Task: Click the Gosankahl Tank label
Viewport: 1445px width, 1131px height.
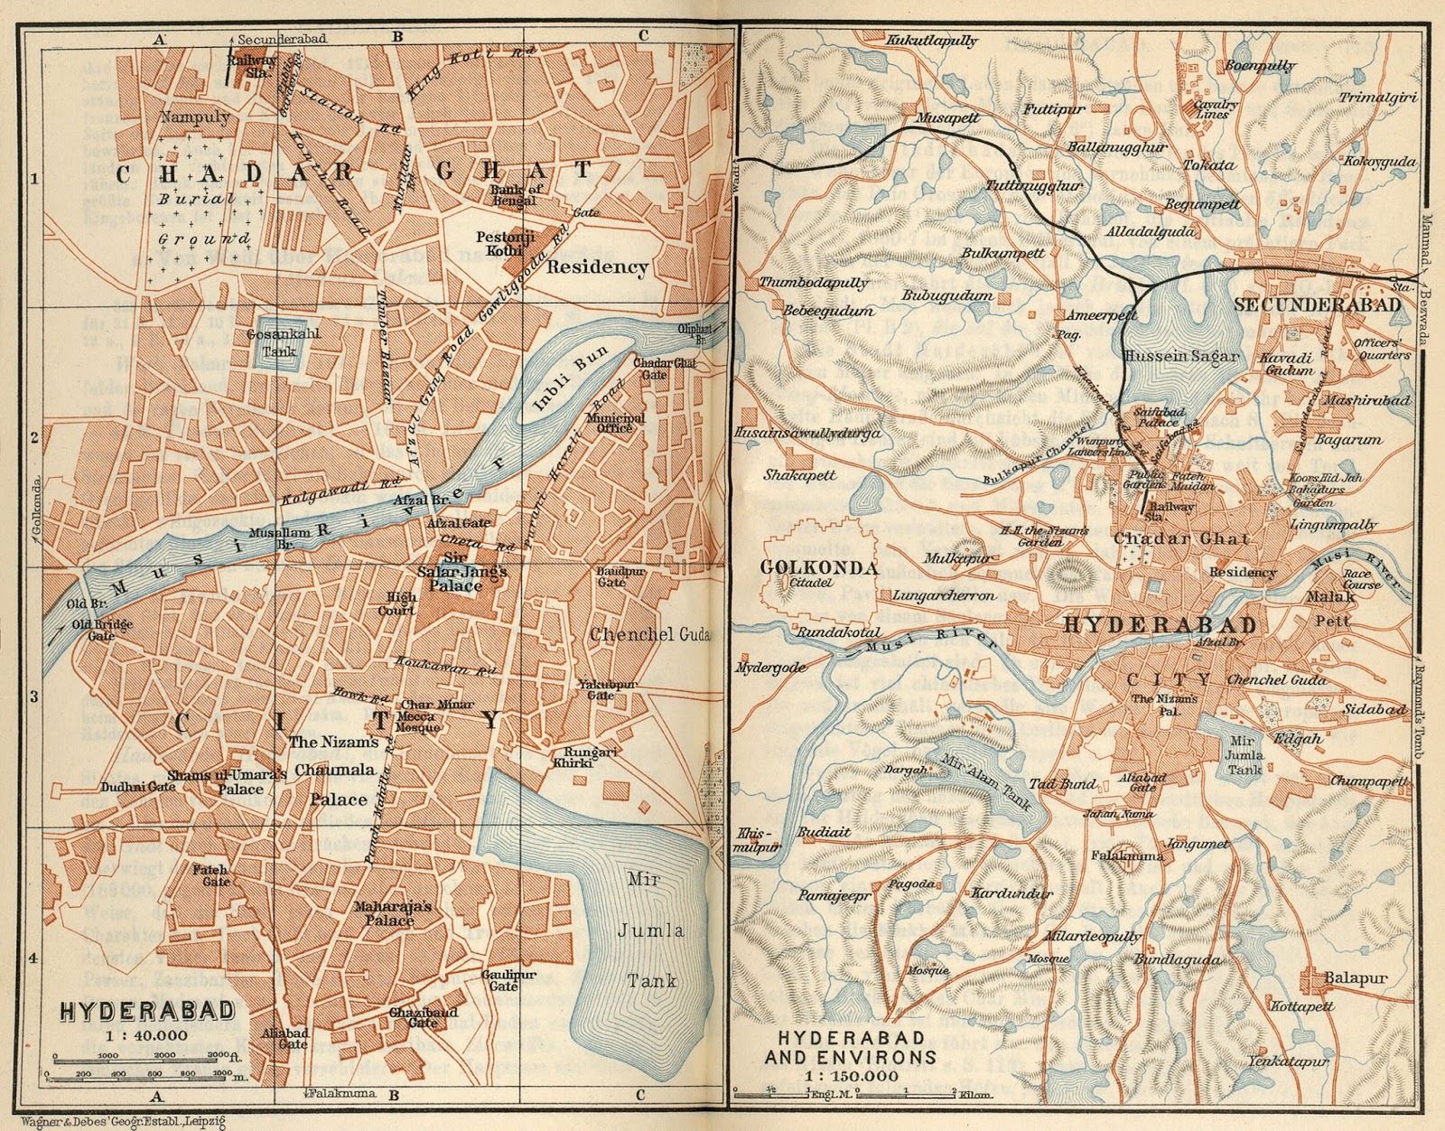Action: [x=283, y=341]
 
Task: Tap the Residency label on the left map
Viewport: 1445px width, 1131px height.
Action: [x=597, y=266]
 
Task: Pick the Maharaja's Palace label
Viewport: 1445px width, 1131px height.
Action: [x=392, y=913]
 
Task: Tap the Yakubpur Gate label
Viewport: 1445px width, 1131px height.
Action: [x=601, y=690]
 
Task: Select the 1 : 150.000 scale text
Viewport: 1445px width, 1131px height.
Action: [x=852, y=1076]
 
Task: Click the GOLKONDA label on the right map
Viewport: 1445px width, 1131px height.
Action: [x=819, y=567]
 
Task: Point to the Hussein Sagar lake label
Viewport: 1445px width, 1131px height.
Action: [x=1193, y=356]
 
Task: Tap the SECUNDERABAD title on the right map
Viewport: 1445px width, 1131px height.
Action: [x=1317, y=304]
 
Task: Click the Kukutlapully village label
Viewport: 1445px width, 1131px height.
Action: [x=931, y=41]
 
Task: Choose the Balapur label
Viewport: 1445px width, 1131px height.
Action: [x=1355, y=978]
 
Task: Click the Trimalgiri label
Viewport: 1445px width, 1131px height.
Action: [x=1377, y=98]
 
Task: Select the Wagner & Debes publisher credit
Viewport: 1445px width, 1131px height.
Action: [x=121, y=1121]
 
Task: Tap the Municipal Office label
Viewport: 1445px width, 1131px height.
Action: [x=615, y=423]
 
